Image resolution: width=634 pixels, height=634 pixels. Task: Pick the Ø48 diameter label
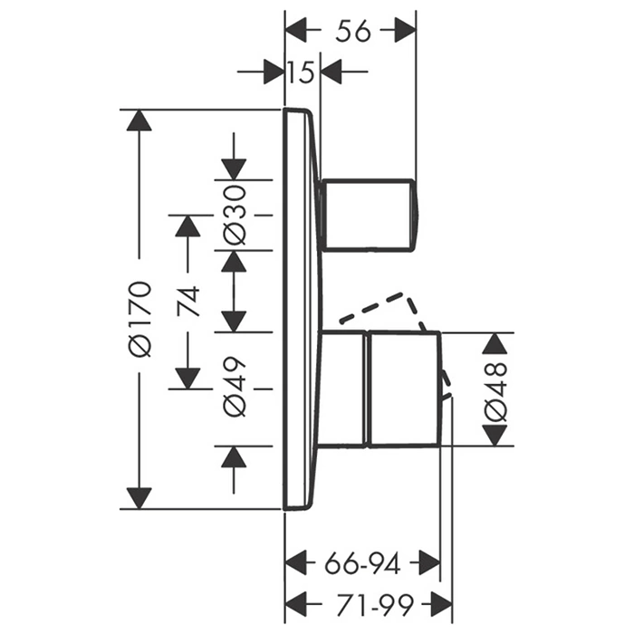click(x=495, y=389)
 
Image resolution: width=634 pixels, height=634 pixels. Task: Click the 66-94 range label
click(x=361, y=564)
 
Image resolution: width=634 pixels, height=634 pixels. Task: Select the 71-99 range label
click(x=368, y=600)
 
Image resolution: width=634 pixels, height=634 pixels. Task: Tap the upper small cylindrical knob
click(x=370, y=214)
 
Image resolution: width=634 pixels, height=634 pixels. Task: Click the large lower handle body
click(x=402, y=389)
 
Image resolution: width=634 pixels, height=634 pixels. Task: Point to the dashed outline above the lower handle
click(x=380, y=307)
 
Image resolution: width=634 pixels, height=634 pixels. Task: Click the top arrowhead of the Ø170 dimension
click(x=139, y=120)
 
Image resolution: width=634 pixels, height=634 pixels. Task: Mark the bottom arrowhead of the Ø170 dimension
click(x=139, y=497)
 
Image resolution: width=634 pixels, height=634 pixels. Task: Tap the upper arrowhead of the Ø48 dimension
click(x=495, y=343)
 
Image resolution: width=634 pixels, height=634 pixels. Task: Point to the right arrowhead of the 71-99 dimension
click(x=442, y=600)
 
